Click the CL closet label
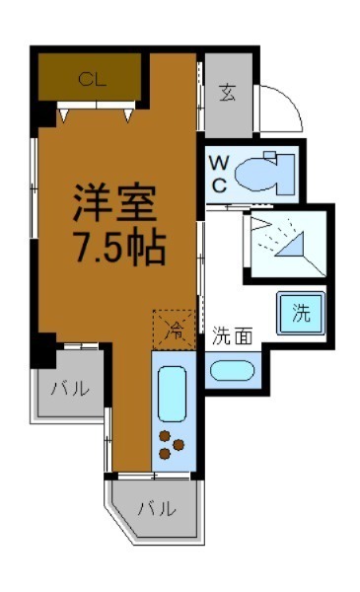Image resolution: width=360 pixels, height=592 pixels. click(x=92, y=78)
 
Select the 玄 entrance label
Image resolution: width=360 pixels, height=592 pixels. click(x=227, y=95)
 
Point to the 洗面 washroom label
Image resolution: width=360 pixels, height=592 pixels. click(x=233, y=336)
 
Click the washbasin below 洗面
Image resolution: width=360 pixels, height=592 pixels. click(x=233, y=372)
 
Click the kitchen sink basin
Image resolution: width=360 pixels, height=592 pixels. click(x=172, y=393)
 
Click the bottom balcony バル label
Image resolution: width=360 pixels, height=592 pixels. click(x=156, y=510)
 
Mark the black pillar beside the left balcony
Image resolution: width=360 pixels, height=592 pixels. click(x=44, y=348)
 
